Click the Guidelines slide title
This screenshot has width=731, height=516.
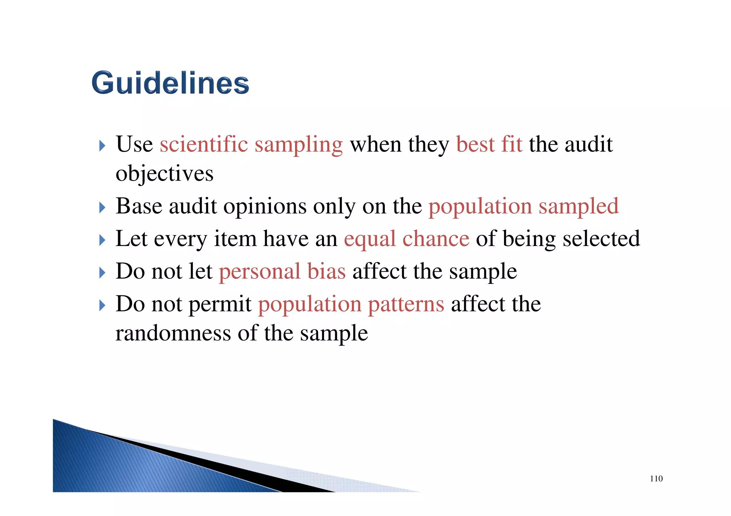pos(170,83)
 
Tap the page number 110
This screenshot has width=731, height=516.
pos(656,479)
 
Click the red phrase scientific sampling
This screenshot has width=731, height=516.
pos(251,145)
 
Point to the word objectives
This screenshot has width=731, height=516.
pos(165,174)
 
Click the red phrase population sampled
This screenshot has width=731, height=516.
pos(523,206)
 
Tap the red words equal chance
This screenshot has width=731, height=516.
pos(406,239)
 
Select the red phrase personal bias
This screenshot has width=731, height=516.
pos(282,271)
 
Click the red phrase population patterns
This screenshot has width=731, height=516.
pos(351,304)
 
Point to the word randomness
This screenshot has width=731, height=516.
pos(173,333)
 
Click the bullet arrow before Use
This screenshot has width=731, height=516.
pos(102,145)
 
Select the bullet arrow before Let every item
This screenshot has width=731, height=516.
pos(102,240)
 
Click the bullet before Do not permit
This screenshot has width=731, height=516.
pos(102,305)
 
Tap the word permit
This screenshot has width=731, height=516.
pos(220,304)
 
